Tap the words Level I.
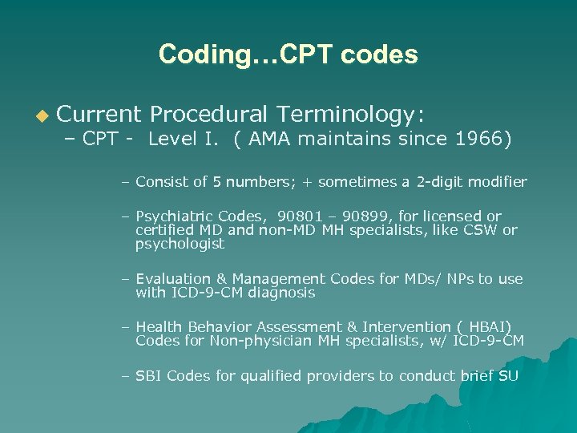[x=185, y=139]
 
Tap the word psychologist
[x=180, y=244]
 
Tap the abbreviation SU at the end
[x=508, y=375]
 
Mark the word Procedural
[x=212, y=115]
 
